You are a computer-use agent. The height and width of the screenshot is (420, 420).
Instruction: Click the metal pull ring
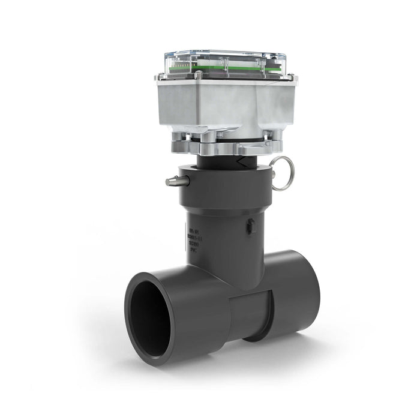coord(282,173)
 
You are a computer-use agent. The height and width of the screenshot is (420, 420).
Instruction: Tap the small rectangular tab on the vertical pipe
coord(251,226)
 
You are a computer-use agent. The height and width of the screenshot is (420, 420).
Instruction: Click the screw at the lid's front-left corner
coord(197,76)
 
